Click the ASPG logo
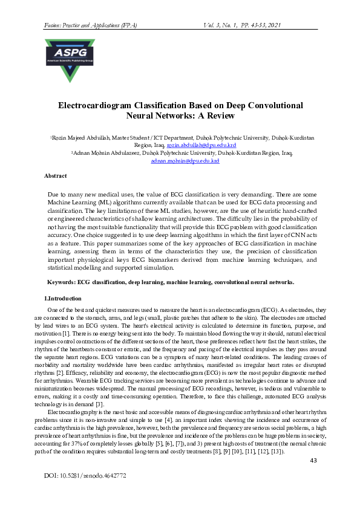pyautogui.click(x=70, y=60)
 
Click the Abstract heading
pyautogui.click(x=56, y=175)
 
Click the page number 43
pyautogui.click(x=313, y=461)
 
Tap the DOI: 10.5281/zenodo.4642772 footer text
pyautogui.click(x=85, y=476)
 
